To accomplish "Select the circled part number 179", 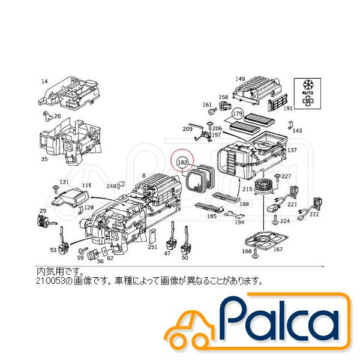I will point(237,113).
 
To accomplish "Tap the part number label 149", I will point(241,79).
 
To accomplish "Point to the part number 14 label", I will point(44,80).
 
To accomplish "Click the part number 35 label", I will point(44,160).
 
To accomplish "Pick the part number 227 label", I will point(286,176).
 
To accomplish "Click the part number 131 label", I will point(64,181).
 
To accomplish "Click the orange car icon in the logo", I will point(191,329).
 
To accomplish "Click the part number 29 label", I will point(43,211).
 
